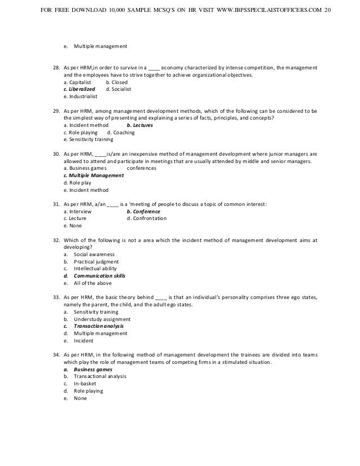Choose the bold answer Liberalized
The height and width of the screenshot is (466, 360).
tap(79, 89)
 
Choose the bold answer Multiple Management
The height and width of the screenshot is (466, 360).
tap(94, 175)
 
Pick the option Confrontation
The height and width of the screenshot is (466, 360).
tap(147, 218)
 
